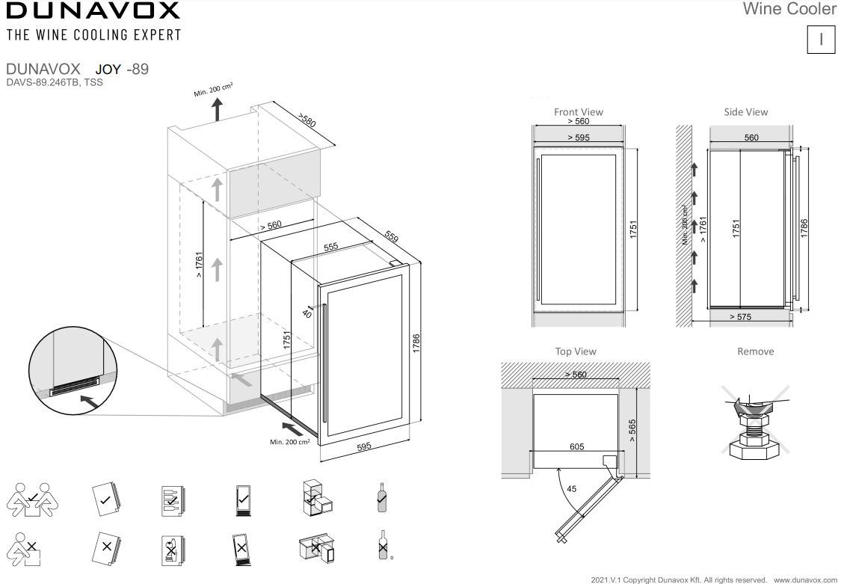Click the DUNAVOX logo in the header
click(x=93, y=10)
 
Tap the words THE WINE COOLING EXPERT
click(x=93, y=35)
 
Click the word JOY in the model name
click(x=108, y=70)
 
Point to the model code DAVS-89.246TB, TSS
click(x=54, y=83)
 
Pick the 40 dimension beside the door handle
click(x=307, y=314)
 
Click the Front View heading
click(x=578, y=111)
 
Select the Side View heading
click(x=745, y=111)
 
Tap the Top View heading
click(x=576, y=351)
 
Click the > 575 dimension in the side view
click(x=740, y=317)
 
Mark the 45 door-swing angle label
click(x=570, y=488)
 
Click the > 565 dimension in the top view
click(x=632, y=430)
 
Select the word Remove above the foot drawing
click(x=755, y=351)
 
